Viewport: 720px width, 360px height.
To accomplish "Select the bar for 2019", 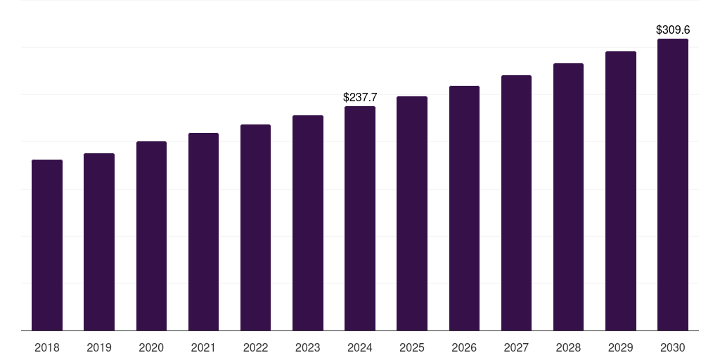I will point(99,242).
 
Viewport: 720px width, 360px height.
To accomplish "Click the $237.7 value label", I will point(360,98).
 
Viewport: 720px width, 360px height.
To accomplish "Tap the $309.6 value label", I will point(673,30).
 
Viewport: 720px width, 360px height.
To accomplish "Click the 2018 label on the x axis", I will point(47,347).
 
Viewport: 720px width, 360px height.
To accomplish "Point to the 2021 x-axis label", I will point(203,347).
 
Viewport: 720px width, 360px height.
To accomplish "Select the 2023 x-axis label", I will point(307,347).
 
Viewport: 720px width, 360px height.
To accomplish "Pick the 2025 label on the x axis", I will point(412,347).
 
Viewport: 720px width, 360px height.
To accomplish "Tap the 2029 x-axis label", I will point(620,347).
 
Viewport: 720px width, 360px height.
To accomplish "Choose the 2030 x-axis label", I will point(673,347).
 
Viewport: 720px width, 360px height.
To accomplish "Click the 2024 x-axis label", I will point(360,347).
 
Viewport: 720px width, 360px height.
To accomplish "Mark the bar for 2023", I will point(308,223).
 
